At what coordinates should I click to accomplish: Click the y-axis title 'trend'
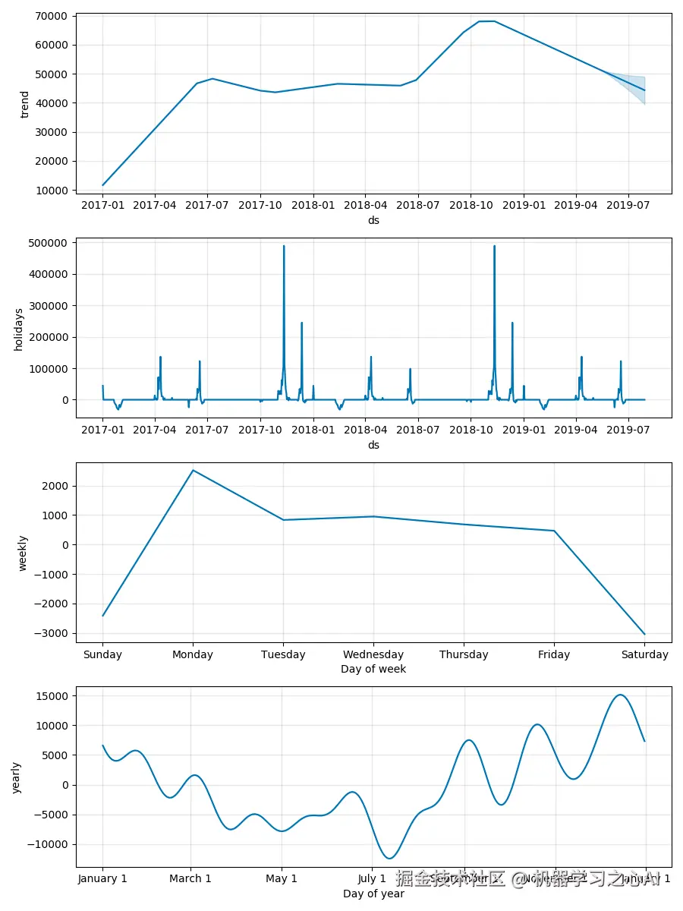tap(25, 104)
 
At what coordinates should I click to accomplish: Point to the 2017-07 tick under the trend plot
tap(207, 206)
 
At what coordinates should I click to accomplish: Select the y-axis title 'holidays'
tap(19, 329)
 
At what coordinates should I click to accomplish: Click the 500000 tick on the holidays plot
tap(47, 243)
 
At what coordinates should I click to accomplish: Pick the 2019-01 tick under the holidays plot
tap(523, 430)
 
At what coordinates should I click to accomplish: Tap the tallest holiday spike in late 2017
tap(284, 247)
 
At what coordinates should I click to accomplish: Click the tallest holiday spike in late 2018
tap(494, 247)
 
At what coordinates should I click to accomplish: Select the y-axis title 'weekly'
tap(23, 553)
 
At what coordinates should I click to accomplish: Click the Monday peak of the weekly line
tap(193, 471)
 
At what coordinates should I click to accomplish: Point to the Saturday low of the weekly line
tap(644, 633)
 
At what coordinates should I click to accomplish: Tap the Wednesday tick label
tap(373, 654)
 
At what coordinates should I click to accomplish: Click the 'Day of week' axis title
tap(373, 669)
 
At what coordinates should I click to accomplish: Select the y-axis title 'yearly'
tap(17, 777)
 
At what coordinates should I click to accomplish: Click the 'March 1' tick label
tap(190, 879)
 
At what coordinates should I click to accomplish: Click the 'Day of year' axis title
tap(373, 894)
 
